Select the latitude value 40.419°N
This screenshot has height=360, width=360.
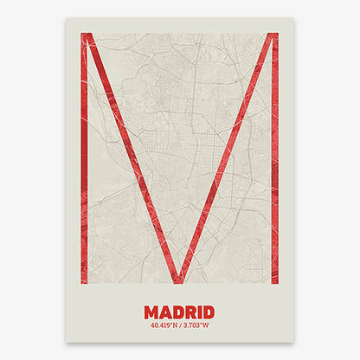[x=164, y=325]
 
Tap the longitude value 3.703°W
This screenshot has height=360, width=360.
[x=196, y=325]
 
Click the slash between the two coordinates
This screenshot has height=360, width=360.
[x=180, y=325]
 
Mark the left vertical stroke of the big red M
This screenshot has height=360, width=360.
[x=85, y=173]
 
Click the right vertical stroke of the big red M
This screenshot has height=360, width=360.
[x=274, y=173]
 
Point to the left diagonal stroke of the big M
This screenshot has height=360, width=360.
[x=130, y=156]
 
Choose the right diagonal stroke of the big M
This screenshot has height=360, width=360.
[x=229, y=156]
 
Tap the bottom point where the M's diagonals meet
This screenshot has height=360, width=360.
[x=179, y=279]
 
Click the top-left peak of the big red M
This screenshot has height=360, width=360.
[x=86, y=35]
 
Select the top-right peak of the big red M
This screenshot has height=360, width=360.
[x=273, y=35]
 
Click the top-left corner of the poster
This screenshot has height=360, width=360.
[x=66, y=18]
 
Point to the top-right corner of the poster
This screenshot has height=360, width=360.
[x=294, y=18]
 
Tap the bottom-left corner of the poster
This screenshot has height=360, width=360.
[x=66, y=342]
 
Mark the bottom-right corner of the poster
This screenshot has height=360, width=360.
[x=294, y=342]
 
